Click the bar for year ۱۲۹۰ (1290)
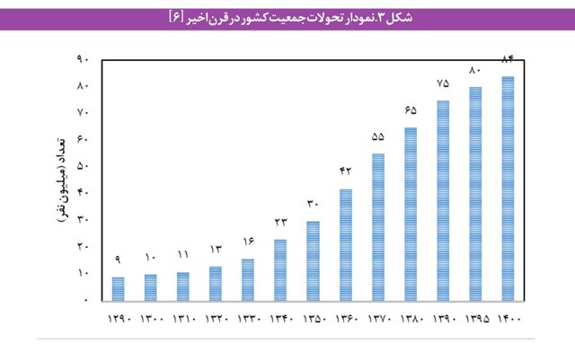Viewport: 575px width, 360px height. (x=118, y=288)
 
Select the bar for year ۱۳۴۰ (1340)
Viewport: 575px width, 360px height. (x=280, y=269)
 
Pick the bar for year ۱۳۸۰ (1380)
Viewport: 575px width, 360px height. (x=410, y=214)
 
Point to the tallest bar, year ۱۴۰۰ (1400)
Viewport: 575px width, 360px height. (x=508, y=188)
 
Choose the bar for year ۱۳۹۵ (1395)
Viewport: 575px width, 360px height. (x=475, y=193)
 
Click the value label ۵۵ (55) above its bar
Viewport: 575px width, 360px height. (x=377, y=136)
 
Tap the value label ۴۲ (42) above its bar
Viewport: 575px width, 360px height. (x=345, y=171)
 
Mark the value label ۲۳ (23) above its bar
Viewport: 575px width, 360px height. (x=280, y=222)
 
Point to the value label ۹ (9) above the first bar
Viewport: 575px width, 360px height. (x=118, y=259)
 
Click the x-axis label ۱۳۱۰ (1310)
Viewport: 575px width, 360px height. (x=182, y=319)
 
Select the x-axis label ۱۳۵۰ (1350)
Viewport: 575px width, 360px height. (x=313, y=319)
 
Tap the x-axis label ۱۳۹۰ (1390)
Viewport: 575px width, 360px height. (x=442, y=319)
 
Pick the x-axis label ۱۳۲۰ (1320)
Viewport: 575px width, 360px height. (x=215, y=319)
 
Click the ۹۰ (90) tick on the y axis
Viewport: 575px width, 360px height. (x=83, y=59)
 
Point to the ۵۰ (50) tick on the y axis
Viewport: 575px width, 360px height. (x=83, y=166)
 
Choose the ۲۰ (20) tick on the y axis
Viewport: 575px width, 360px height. (x=83, y=246)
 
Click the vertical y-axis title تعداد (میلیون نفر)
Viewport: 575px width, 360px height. (x=59, y=180)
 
